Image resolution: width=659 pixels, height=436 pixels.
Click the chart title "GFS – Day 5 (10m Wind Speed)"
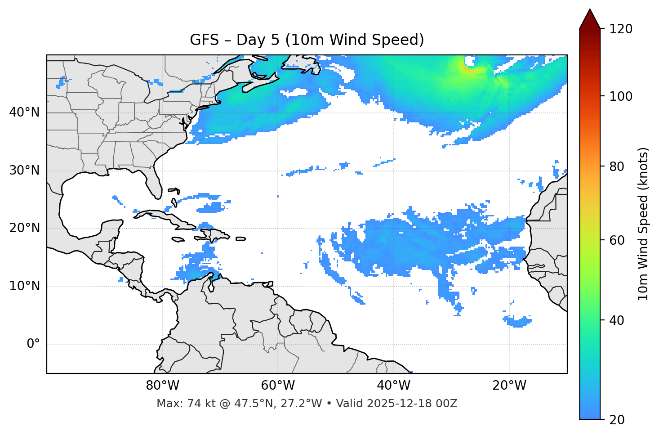[307, 40]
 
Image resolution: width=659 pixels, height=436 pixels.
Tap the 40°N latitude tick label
[24, 112]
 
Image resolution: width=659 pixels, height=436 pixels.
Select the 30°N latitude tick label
[24, 171]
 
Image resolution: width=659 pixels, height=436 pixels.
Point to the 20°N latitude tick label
[24, 228]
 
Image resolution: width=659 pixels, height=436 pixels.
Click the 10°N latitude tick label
[24, 286]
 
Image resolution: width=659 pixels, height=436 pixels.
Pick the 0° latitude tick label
[33, 344]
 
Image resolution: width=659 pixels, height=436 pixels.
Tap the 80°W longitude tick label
[162, 386]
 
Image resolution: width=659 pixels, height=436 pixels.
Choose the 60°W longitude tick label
[278, 386]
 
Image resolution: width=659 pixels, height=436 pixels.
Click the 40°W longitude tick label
[393, 386]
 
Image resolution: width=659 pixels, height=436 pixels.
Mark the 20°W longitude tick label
[509, 386]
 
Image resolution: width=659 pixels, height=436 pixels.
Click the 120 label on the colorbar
[620, 29]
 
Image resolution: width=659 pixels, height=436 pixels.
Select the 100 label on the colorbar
[620, 96]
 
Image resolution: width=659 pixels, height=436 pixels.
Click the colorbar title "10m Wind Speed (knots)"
[643, 224]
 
